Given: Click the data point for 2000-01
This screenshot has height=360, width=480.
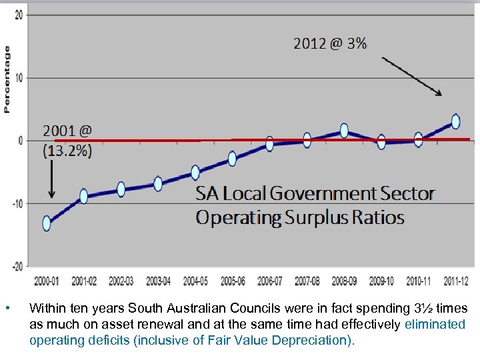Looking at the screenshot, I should point(47,223).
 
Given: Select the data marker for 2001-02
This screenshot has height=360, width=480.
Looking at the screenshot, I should point(84,196).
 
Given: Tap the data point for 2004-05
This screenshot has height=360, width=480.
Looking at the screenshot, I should point(195,173).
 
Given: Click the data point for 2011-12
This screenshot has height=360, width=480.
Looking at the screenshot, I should point(455,121).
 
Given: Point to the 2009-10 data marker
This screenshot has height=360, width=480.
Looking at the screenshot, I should point(381,141).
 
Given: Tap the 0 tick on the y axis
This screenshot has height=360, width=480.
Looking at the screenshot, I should point(20,141).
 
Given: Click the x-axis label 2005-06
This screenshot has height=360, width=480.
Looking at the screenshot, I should point(233,281).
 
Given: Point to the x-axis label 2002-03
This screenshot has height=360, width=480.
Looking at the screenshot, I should point(121,281).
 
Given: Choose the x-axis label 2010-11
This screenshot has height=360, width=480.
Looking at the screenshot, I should point(419,281).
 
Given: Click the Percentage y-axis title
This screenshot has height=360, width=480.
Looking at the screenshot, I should point(7,79).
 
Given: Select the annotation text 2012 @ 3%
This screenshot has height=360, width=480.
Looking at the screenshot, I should point(330,44).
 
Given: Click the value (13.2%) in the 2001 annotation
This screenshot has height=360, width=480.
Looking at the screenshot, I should point(68,151).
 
